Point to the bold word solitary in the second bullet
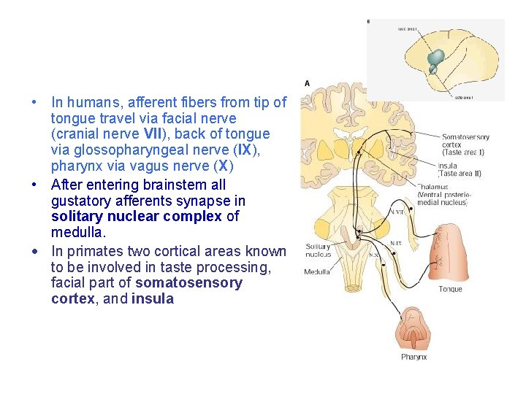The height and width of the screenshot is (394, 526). (x=75, y=217)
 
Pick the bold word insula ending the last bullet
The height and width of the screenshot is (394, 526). (x=153, y=299)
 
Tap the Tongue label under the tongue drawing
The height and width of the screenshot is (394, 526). (x=450, y=290)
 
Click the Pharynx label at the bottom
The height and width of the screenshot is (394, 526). (x=413, y=357)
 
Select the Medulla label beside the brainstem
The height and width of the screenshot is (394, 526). (x=317, y=272)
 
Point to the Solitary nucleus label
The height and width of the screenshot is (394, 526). (x=319, y=251)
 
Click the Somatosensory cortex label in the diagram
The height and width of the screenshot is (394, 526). (x=465, y=141)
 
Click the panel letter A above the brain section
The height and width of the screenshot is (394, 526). (x=307, y=83)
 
